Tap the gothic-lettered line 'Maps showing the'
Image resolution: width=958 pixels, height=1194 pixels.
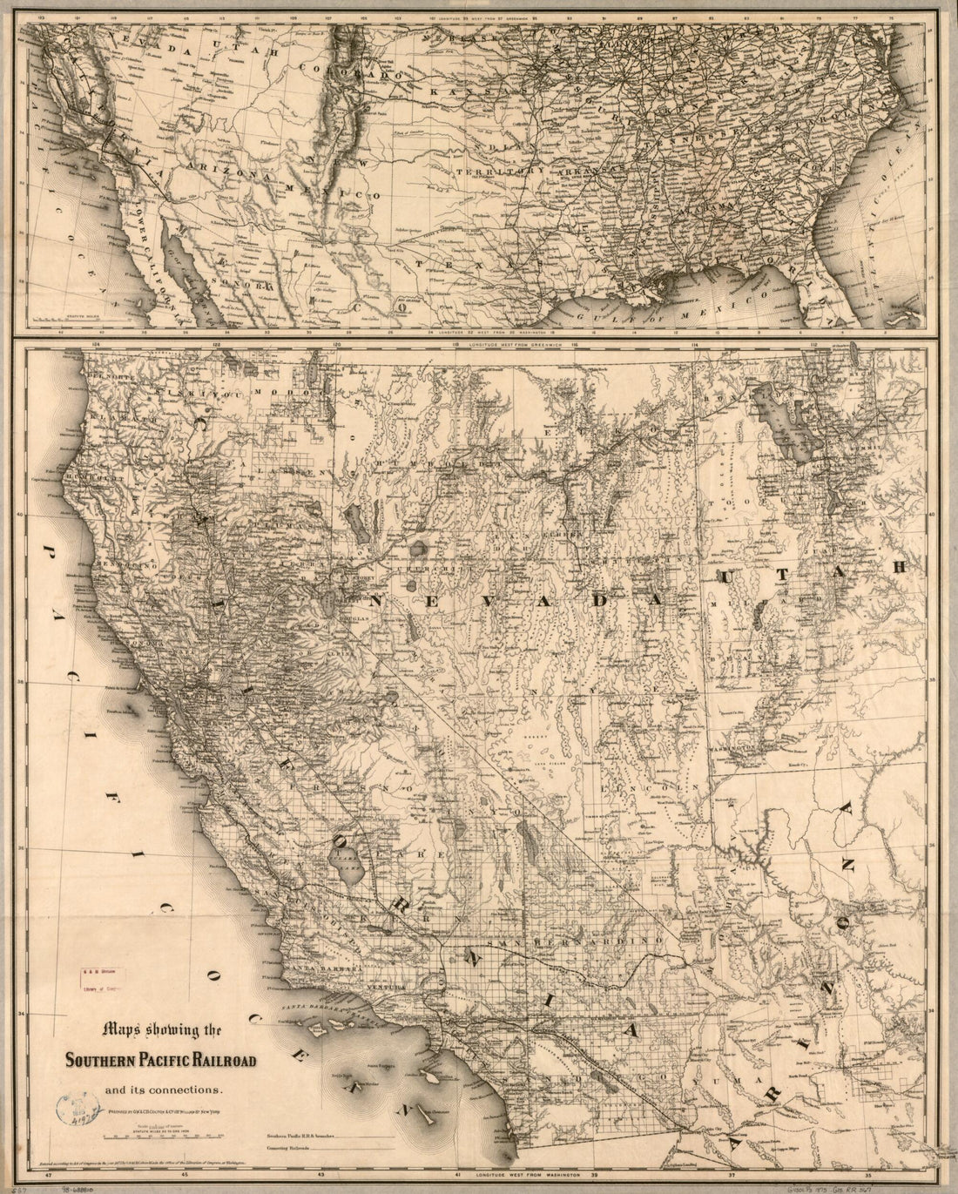(x=162, y=1031)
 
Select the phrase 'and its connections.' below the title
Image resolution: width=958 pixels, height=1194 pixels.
(x=165, y=1089)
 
